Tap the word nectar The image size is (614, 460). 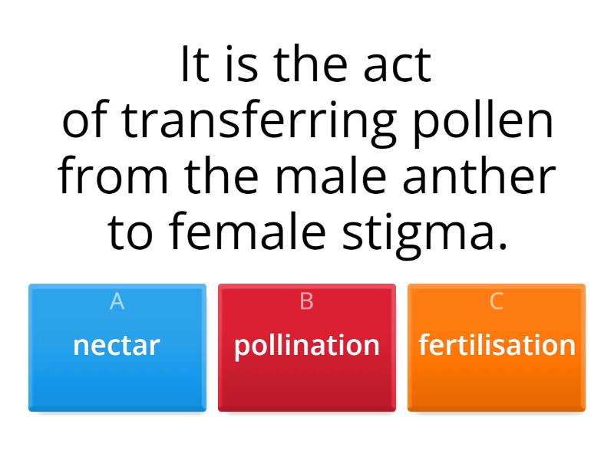(x=117, y=345)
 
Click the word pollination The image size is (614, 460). (x=307, y=345)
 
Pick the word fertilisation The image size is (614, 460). (x=497, y=345)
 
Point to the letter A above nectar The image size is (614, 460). (x=117, y=302)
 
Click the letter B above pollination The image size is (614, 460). (x=307, y=302)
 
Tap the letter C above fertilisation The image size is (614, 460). (x=497, y=302)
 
